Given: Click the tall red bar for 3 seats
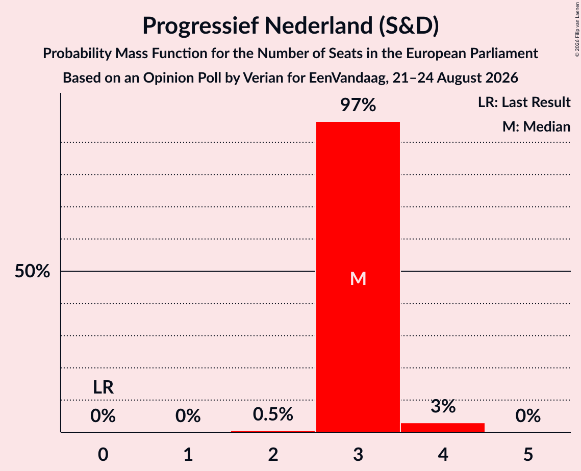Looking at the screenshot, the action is pyautogui.click(x=358, y=277).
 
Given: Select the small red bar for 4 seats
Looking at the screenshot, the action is pyautogui.click(x=443, y=427).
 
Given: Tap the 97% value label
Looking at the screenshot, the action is pyautogui.click(x=358, y=105).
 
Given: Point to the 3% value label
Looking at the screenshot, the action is pyautogui.click(x=443, y=406).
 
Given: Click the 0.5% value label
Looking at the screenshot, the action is pyautogui.click(x=273, y=414).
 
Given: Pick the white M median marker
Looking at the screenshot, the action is pyautogui.click(x=358, y=278).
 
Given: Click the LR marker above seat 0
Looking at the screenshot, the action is pyautogui.click(x=103, y=387).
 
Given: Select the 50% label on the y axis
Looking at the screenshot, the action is pyautogui.click(x=32, y=271).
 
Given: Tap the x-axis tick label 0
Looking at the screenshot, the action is pyautogui.click(x=103, y=455).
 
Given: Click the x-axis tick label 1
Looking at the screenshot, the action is pyautogui.click(x=188, y=455).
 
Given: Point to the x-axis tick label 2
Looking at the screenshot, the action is pyautogui.click(x=273, y=455).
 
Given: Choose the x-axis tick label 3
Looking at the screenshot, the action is pyautogui.click(x=358, y=455).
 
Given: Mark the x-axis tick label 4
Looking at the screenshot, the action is pyautogui.click(x=443, y=455).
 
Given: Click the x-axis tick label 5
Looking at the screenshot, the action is pyautogui.click(x=528, y=455).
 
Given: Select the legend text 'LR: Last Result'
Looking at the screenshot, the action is pyautogui.click(x=524, y=102).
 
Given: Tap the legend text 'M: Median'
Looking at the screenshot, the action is pyautogui.click(x=536, y=127).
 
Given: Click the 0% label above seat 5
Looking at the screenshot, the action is pyautogui.click(x=528, y=416).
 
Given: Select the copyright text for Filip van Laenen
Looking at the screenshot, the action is pyautogui.click(x=577, y=29).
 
